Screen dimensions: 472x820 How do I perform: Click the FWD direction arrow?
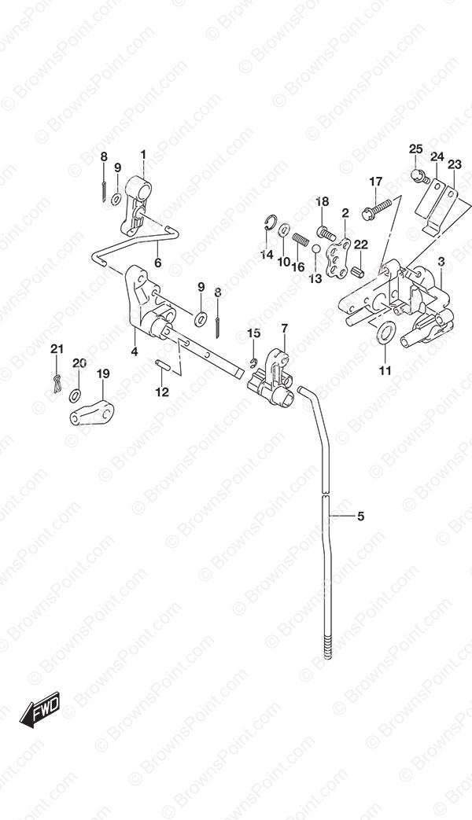[40, 709]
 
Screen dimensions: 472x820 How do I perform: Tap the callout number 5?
[360, 517]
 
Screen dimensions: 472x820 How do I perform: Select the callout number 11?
[385, 371]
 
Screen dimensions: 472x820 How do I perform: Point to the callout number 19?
[103, 373]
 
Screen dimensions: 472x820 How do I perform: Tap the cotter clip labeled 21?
[57, 384]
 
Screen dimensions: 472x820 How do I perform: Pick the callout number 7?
[284, 329]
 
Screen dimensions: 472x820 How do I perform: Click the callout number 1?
[143, 155]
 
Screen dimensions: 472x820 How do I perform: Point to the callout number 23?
[454, 165]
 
